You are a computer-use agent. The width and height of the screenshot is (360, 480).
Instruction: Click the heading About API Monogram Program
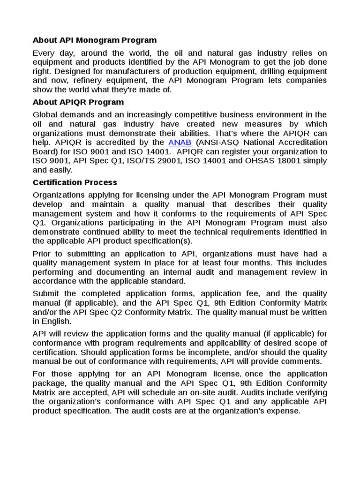pyautogui.click(x=95, y=40)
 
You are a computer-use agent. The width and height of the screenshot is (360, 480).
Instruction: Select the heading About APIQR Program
pyautogui.click(x=78, y=102)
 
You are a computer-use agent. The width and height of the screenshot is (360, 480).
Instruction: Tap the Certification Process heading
pyautogui.click(x=75, y=182)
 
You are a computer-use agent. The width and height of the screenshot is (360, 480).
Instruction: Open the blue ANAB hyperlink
pyautogui.click(x=176, y=142)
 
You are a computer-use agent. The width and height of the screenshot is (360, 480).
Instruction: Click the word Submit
pyautogui.click(x=46, y=294)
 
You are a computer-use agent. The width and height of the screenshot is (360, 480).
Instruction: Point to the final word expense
pyautogui.click(x=285, y=411)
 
